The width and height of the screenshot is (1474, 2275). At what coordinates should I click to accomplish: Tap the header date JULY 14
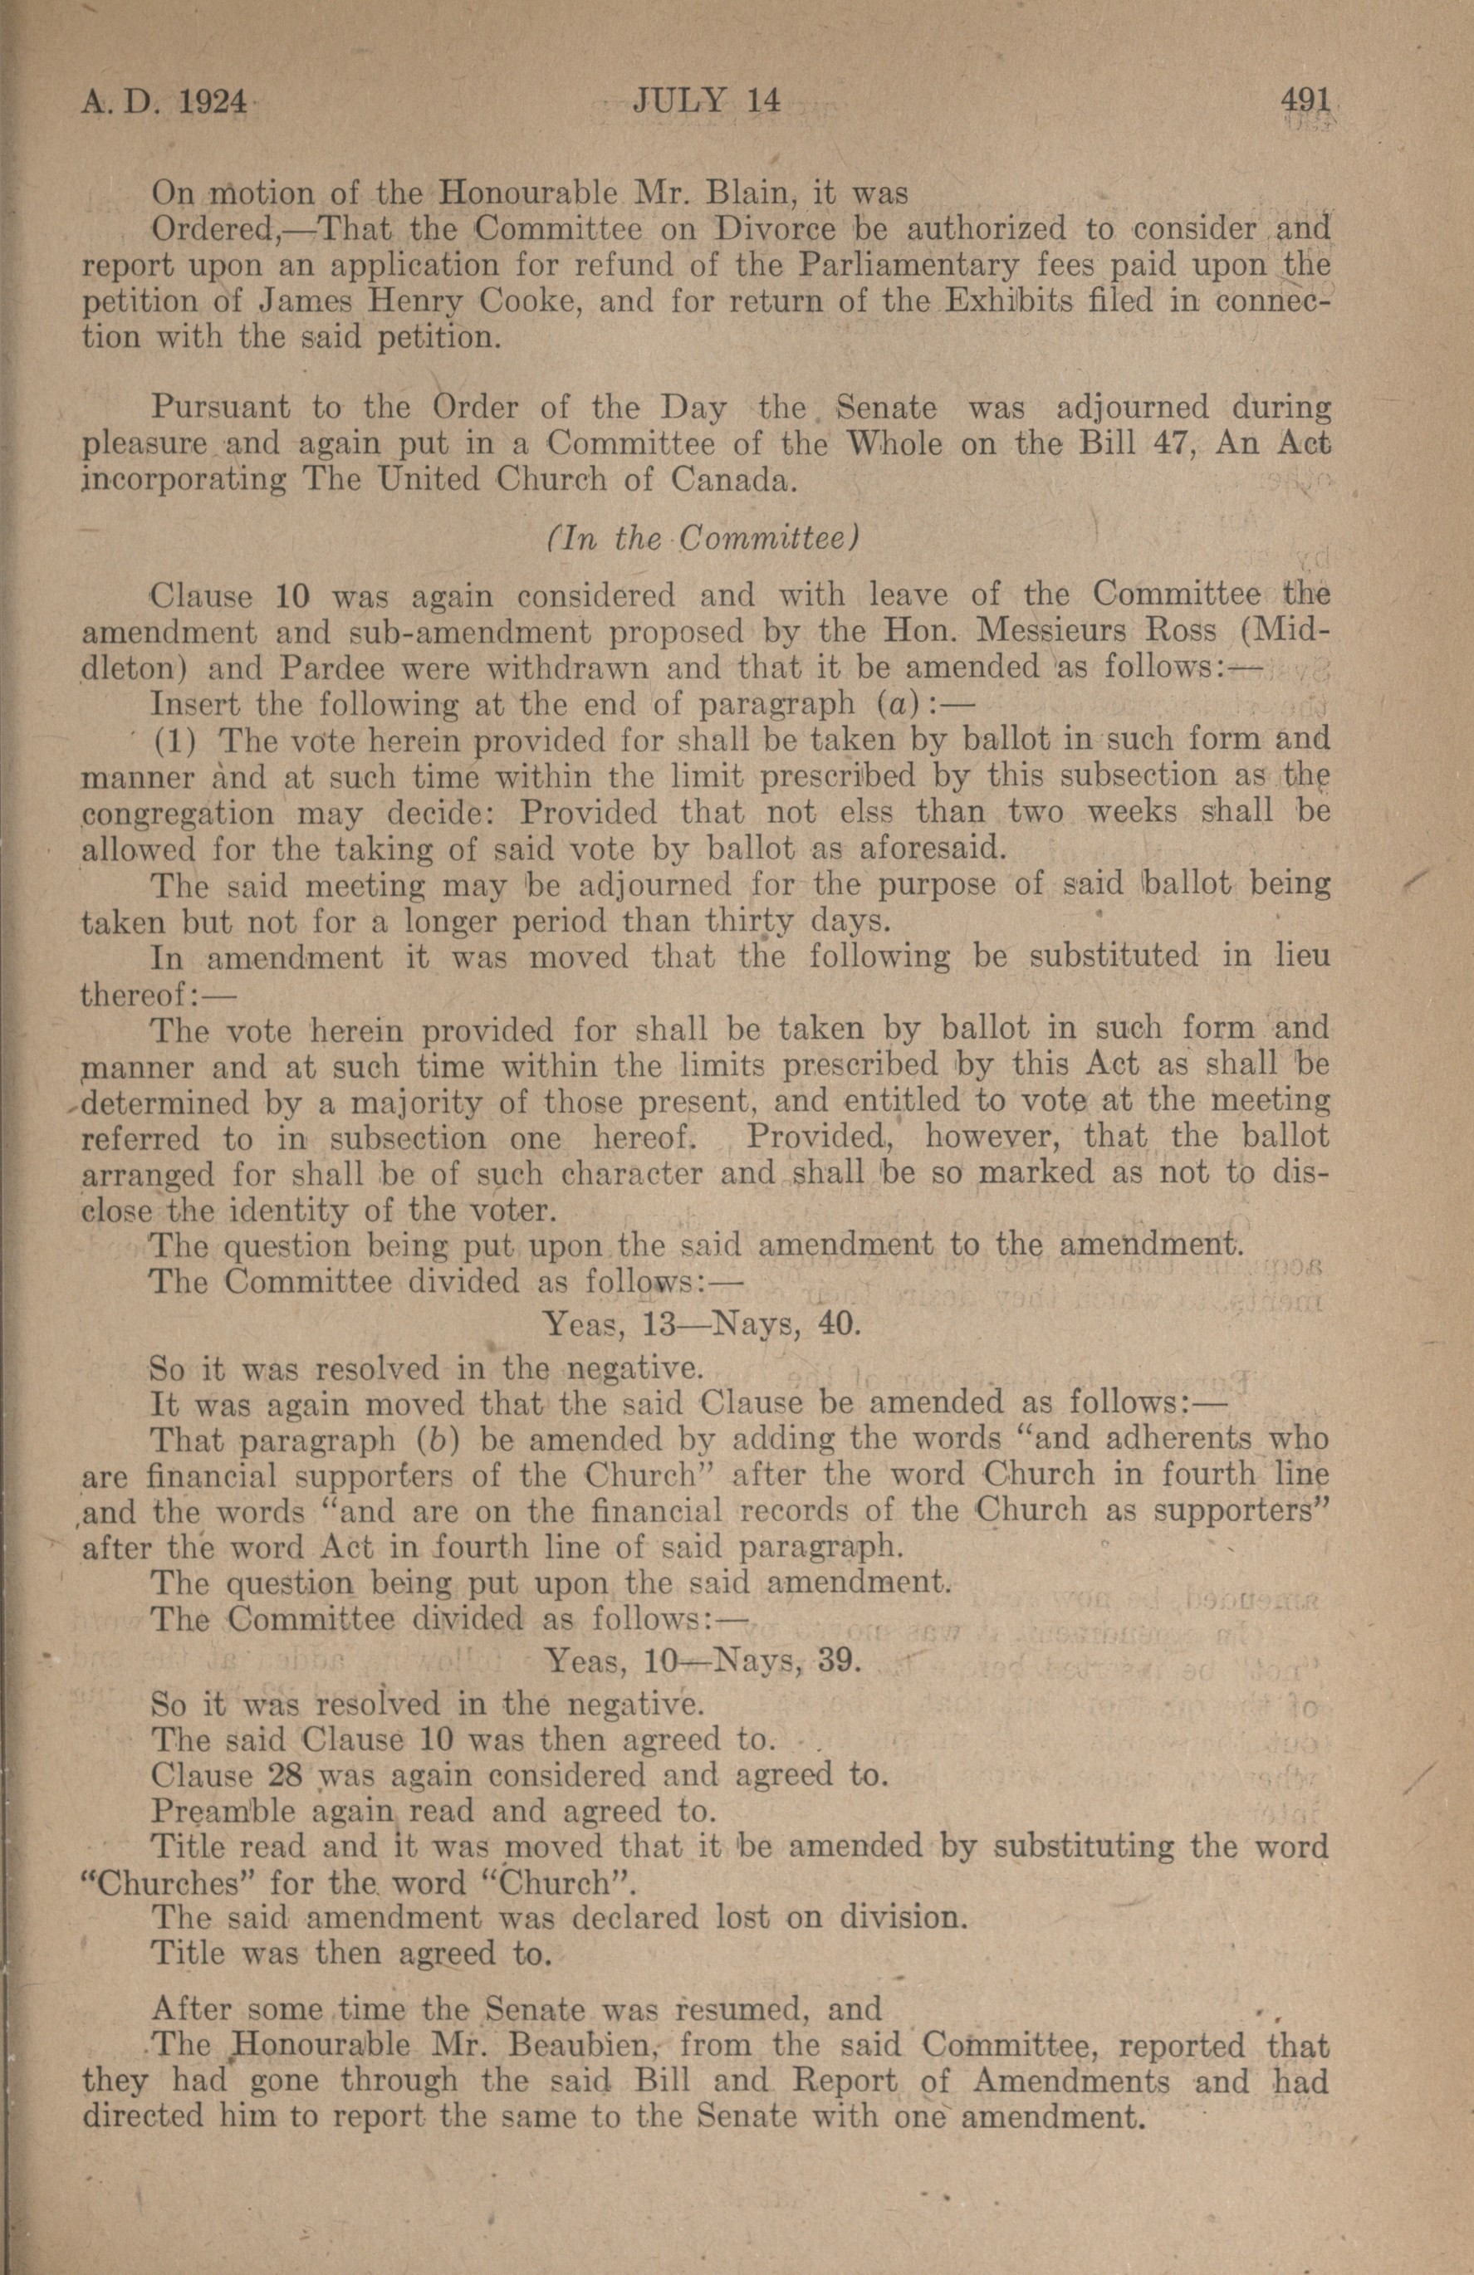707,101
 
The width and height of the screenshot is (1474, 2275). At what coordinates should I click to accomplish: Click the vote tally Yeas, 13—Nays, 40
703,1323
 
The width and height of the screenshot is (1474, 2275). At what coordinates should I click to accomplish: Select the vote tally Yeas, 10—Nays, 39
703,1662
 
